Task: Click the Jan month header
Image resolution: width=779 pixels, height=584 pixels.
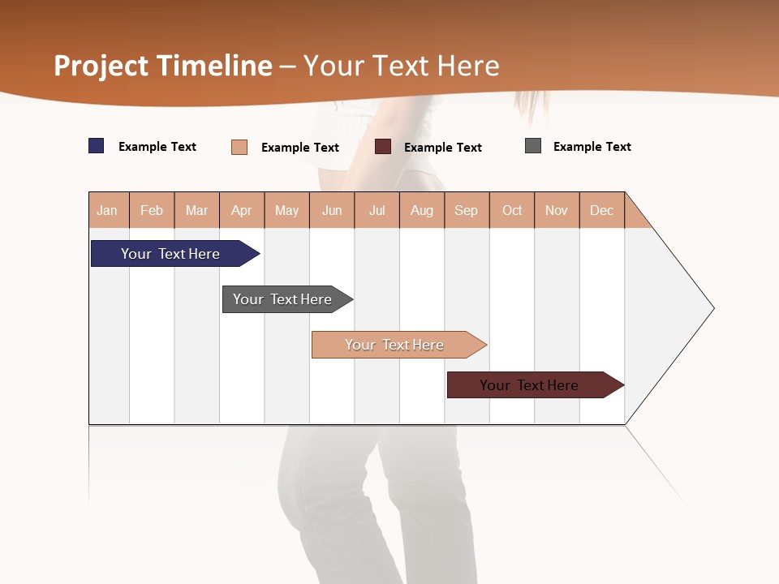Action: (108, 211)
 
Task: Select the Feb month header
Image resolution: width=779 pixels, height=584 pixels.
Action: (152, 211)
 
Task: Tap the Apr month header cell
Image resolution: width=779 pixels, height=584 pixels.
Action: (242, 211)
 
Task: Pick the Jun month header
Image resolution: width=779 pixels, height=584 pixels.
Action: (332, 211)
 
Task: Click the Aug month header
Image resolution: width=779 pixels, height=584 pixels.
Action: (422, 211)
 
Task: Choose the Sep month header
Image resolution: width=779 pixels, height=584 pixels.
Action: (467, 211)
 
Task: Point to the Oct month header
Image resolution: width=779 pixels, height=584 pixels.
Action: (512, 211)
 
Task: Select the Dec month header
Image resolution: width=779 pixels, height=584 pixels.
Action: (602, 211)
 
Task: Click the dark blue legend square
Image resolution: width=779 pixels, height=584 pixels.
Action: (97, 146)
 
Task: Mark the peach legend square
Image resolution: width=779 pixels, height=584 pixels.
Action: (239, 147)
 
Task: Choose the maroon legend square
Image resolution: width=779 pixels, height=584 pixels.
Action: (383, 146)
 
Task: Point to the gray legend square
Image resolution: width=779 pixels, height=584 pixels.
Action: (533, 146)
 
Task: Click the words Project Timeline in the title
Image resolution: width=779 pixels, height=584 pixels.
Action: (163, 66)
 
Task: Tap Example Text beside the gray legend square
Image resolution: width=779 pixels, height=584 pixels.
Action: (592, 147)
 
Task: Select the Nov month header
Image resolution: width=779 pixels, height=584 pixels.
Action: (557, 211)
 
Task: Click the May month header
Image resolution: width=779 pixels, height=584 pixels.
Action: (286, 211)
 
